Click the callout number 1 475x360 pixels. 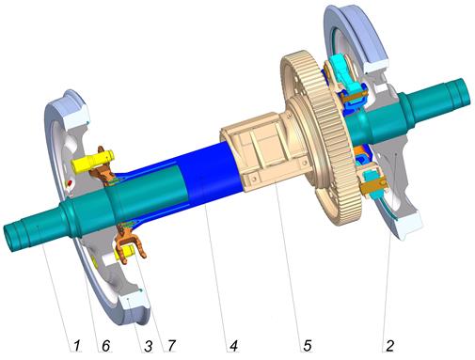pyautogui.click(x=77, y=346)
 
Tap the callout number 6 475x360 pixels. pyautogui.click(x=105, y=346)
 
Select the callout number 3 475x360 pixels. pyautogui.click(x=148, y=346)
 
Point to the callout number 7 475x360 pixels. pyautogui.click(x=171, y=346)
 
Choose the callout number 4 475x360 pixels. pyautogui.click(x=233, y=346)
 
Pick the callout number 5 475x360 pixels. pyautogui.click(x=308, y=345)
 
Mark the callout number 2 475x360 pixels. pyautogui.click(x=389, y=345)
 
